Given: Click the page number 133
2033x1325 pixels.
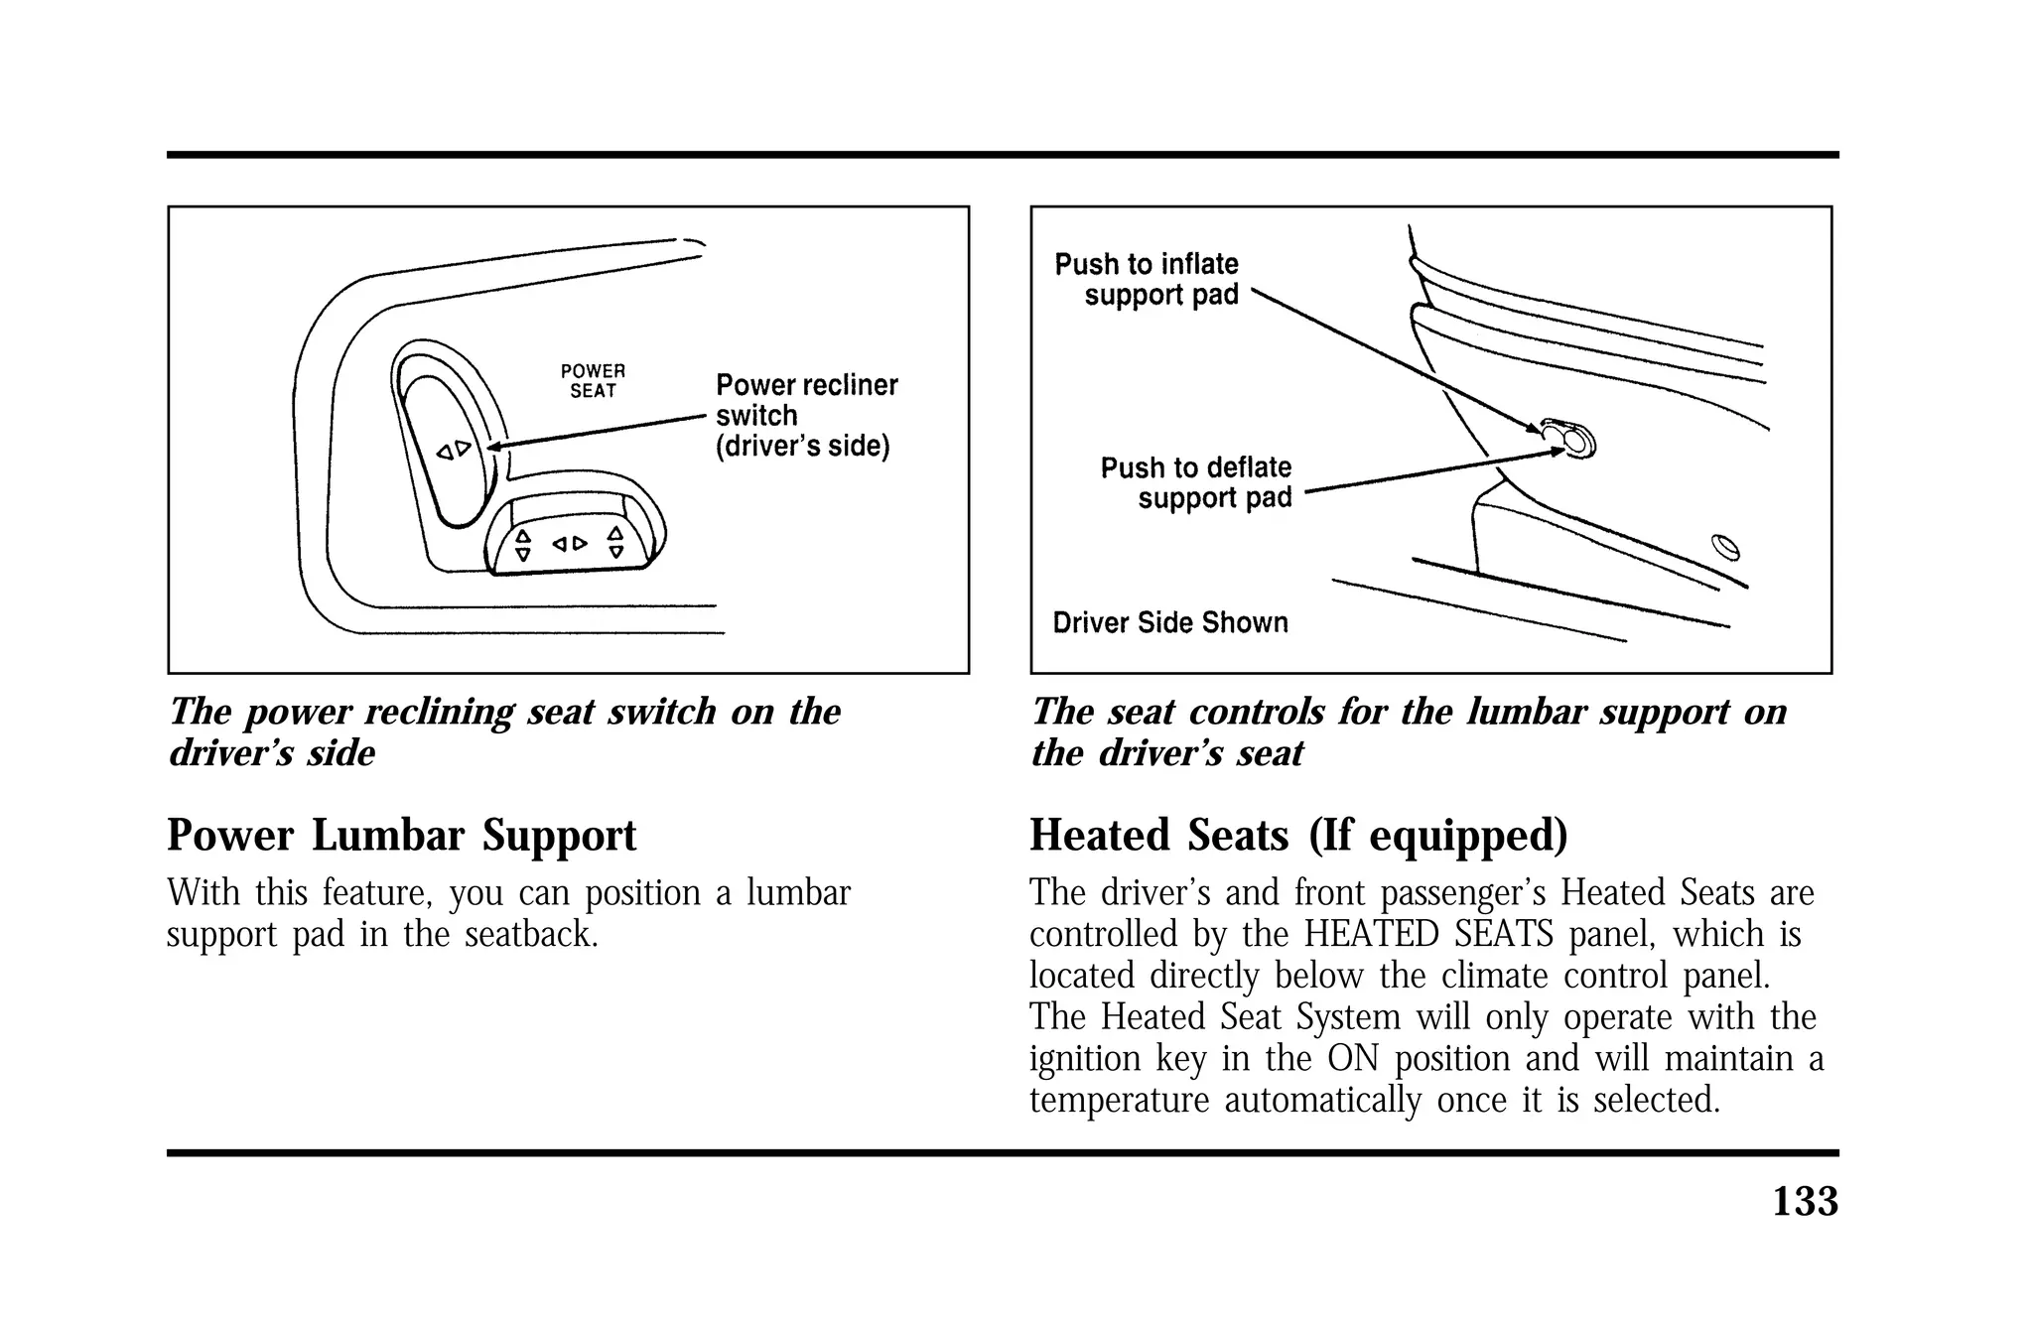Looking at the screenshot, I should pyautogui.click(x=1804, y=1202).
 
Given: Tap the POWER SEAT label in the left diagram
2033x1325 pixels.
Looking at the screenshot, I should pyautogui.click(x=593, y=381).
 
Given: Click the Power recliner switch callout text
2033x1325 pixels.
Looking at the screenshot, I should pyautogui.click(x=805, y=415).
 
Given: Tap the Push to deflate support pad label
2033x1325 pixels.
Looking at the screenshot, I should pyautogui.click(x=1197, y=482).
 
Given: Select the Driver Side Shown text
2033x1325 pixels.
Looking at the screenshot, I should pyautogui.click(x=1169, y=623).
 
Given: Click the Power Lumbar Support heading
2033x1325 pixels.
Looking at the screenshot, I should pyautogui.click(x=401, y=835).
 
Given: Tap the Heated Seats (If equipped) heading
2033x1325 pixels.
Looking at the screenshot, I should pyautogui.click(x=1297, y=835).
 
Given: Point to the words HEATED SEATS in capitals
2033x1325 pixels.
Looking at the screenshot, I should pyautogui.click(x=1428, y=935).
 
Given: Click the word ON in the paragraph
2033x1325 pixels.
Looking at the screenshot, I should pyautogui.click(x=1353, y=1058).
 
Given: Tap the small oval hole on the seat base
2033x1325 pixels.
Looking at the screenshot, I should pyautogui.click(x=1725, y=547).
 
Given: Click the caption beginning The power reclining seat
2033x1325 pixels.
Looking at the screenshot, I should pyautogui.click(x=504, y=731).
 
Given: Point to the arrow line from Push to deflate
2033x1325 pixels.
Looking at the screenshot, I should pyautogui.click(x=1429, y=471).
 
